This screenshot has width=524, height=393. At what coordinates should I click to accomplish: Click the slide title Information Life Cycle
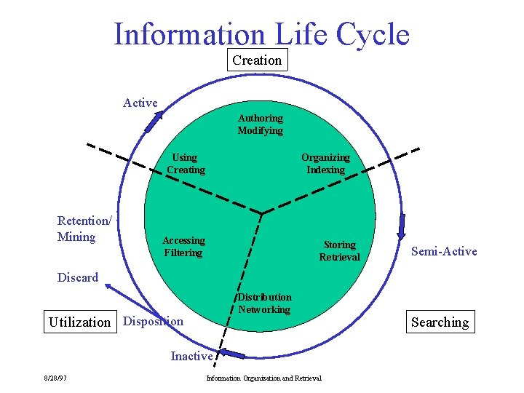[261, 34]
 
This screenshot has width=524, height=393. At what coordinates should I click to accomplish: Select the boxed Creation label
[257, 60]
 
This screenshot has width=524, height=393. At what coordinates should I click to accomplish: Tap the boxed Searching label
[440, 322]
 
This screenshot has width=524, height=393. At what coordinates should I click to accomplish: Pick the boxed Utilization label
[79, 322]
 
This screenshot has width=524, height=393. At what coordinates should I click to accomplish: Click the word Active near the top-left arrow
[140, 103]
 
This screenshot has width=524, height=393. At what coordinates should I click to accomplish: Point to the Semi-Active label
[444, 251]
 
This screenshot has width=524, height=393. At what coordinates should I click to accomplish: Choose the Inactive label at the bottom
[191, 356]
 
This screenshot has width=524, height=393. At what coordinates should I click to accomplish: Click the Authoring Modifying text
[260, 124]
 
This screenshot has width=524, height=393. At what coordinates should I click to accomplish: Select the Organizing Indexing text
[325, 163]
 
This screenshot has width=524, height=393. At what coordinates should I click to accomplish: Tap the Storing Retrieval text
[339, 250]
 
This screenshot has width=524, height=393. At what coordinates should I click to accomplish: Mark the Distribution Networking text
[264, 303]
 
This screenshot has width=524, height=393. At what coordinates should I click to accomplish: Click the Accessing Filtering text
[183, 246]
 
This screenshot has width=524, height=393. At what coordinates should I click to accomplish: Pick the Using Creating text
[186, 163]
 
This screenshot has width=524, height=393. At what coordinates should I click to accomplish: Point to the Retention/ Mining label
[84, 229]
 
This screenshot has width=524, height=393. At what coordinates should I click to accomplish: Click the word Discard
[78, 277]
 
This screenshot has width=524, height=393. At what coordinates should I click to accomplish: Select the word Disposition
[154, 321]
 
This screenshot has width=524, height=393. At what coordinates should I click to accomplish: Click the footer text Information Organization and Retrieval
[263, 378]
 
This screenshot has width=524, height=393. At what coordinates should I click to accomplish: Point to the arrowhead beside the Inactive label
[233, 354]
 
